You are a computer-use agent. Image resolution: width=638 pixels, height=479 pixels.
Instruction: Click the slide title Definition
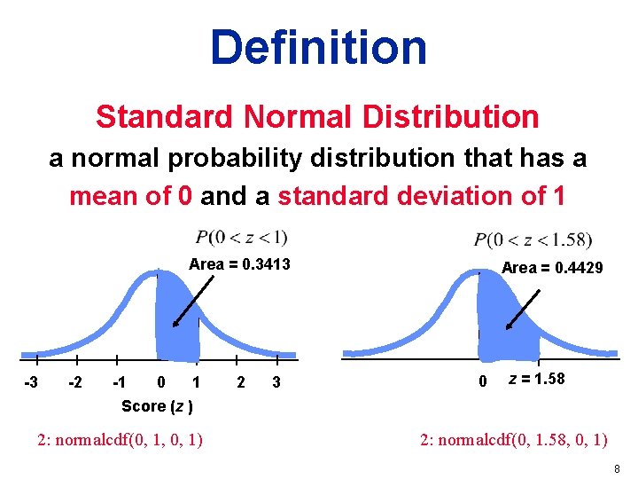(x=318, y=46)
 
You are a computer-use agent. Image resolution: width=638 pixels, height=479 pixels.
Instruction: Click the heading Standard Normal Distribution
(x=317, y=116)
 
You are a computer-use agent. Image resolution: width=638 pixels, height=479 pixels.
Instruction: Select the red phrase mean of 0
(x=132, y=195)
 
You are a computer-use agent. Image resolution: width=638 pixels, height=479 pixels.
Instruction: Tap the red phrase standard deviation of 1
(x=421, y=195)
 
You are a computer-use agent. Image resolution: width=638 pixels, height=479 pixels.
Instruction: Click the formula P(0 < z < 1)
(x=241, y=237)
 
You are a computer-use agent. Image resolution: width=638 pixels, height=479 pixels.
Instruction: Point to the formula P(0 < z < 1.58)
(x=533, y=239)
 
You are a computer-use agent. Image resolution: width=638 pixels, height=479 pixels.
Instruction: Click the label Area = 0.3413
(x=239, y=264)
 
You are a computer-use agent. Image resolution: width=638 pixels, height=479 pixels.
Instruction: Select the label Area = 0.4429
(x=552, y=268)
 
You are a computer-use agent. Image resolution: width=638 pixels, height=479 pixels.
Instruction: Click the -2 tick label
(x=77, y=383)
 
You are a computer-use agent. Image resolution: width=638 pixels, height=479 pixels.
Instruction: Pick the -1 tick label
(x=118, y=383)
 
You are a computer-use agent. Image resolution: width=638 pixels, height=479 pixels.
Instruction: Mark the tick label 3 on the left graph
(x=276, y=383)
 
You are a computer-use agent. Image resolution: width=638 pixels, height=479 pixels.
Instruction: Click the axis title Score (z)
(x=158, y=406)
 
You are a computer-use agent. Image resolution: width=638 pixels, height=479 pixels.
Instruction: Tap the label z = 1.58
(x=536, y=380)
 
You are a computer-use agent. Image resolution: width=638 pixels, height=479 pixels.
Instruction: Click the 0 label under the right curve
(x=482, y=383)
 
